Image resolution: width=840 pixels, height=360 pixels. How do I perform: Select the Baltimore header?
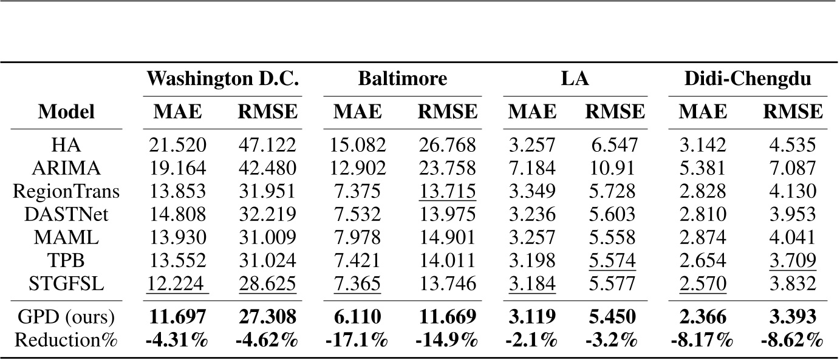pos(402,79)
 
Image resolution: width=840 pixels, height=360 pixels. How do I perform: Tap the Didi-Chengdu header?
pos(748,79)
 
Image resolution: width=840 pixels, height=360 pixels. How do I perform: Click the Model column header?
pos(67,112)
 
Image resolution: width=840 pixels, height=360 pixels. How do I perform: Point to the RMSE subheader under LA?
pos(614,112)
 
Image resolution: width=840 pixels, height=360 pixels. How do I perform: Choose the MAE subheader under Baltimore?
pos(357,112)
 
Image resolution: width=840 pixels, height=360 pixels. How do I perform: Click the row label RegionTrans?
pos(67,191)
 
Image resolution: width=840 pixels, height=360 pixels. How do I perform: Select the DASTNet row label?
pos(67,214)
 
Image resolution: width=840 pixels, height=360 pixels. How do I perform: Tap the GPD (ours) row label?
pos(67,316)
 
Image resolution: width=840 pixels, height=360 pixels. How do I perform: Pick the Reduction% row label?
pos(67,339)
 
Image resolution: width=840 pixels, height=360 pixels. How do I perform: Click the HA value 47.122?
pos(267,145)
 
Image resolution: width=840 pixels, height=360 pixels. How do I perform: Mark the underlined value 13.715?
pos(447,191)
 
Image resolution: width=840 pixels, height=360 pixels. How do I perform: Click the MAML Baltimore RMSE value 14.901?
pos(447,237)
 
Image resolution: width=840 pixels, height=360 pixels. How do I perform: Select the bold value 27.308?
pos(267,316)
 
